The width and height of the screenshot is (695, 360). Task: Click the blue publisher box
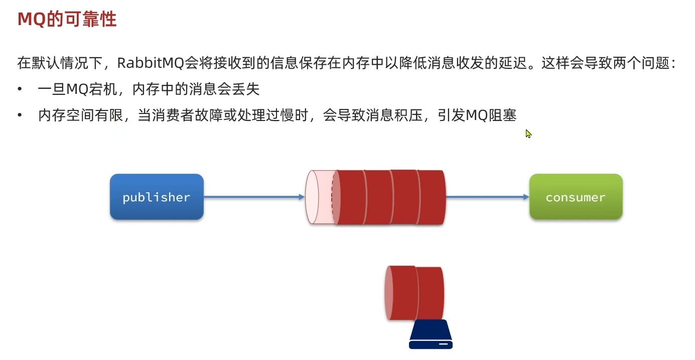157,197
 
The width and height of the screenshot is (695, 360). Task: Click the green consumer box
576,197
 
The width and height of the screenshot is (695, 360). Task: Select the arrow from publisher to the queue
254,197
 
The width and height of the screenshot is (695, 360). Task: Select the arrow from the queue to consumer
487,197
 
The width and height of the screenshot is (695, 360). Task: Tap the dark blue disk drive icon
431,335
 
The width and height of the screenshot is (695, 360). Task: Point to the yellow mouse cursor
528,134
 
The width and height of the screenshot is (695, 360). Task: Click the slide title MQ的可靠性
67,19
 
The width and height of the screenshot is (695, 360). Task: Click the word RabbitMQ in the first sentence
150,63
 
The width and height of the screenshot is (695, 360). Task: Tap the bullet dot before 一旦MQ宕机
20,89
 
